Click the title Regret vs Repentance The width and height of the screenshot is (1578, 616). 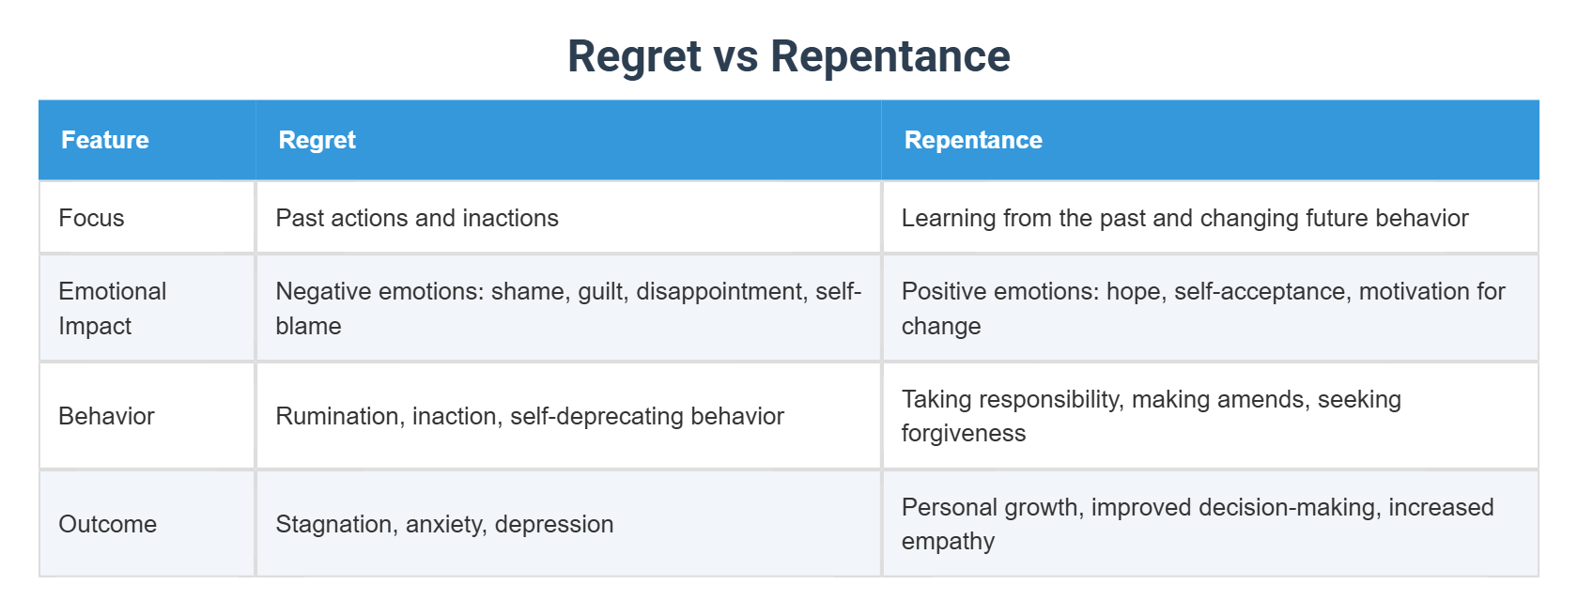pos(788,56)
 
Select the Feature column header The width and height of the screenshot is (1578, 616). pos(105,140)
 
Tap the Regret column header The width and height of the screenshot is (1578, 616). pos(317,140)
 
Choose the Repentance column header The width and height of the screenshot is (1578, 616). pos(973,140)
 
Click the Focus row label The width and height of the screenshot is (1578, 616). pos(91,218)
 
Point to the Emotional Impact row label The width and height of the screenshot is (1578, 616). pos(112,308)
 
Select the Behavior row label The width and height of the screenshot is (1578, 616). pos(106,416)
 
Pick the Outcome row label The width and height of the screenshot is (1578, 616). pos(107,524)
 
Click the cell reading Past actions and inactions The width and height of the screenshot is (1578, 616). pos(417,218)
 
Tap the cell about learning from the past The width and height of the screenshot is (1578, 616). pos(1184,218)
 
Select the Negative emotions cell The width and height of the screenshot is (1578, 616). pos(567,308)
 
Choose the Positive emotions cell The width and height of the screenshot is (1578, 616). pos(1202,308)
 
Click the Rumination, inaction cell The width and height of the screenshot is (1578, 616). pos(530,416)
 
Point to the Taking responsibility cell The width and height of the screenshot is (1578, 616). pos(1151,416)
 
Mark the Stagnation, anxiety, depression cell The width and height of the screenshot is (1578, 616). pos(444,524)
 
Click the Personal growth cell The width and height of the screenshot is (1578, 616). pos(1197,524)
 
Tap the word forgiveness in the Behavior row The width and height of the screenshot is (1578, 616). pos(964,433)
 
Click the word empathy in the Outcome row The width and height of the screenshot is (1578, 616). pos(948,541)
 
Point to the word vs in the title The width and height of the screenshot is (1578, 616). pos(735,56)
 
